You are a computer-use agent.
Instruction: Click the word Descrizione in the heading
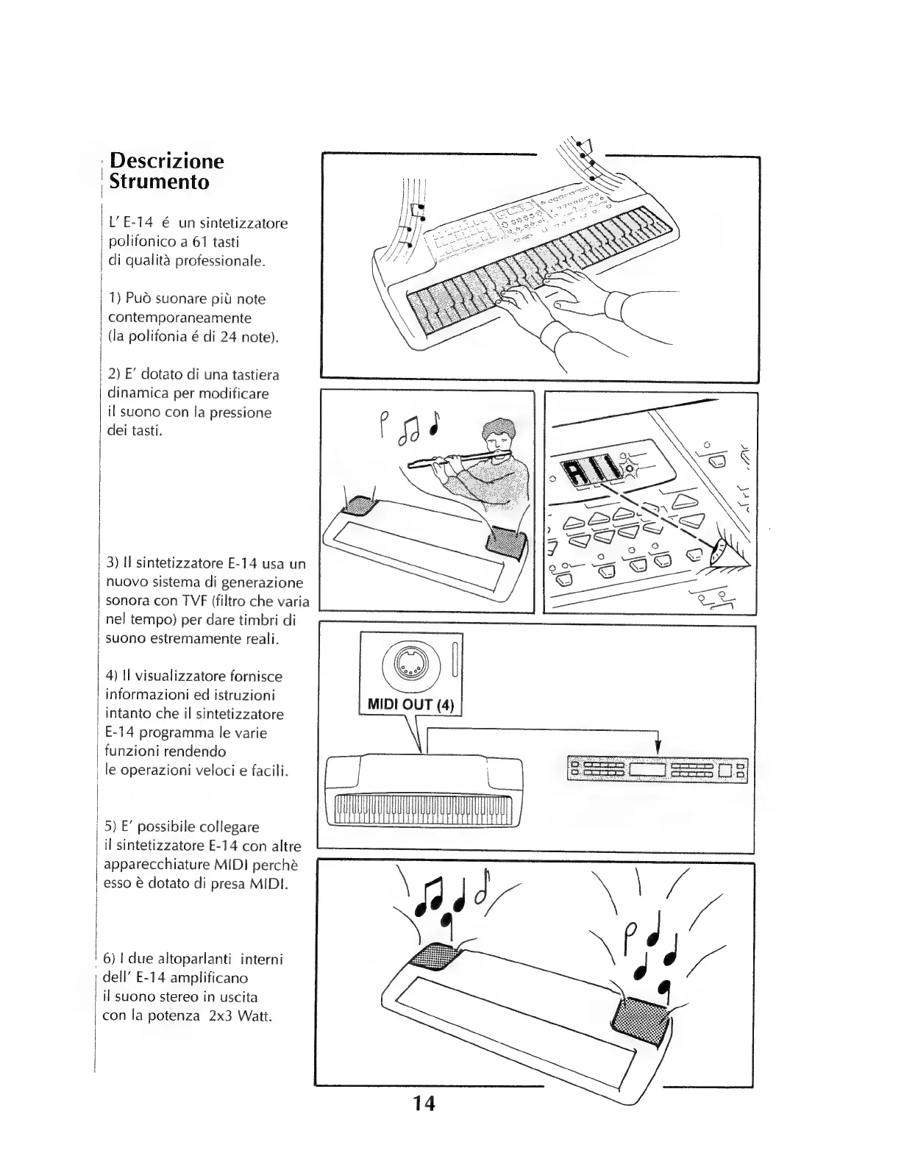pos(166,161)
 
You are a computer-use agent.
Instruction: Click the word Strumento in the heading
pos(159,182)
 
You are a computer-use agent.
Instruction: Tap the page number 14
pos(424,1104)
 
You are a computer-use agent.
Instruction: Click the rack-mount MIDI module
pos(658,771)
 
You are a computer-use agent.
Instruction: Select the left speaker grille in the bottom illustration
pos(433,956)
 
